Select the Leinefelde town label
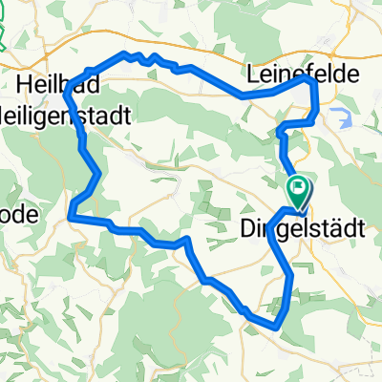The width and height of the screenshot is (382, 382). point(303,74)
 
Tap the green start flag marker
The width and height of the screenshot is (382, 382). point(298,189)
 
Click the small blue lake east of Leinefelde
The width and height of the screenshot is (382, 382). point(340,117)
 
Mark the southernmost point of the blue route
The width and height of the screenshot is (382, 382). point(277,328)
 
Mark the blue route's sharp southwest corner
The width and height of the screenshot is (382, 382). point(71,217)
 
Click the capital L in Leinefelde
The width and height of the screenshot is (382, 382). point(252,74)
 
